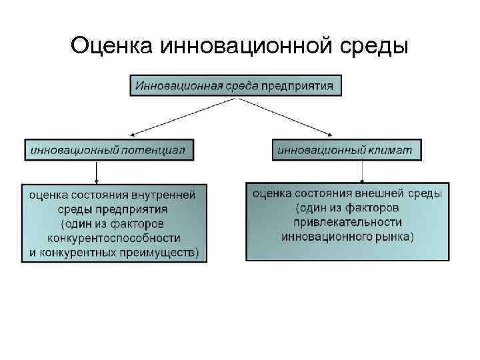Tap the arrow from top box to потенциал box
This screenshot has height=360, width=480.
[x=180, y=117]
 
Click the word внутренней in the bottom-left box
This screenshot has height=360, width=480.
[x=164, y=195]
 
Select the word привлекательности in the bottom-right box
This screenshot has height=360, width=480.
[x=347, y=222]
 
